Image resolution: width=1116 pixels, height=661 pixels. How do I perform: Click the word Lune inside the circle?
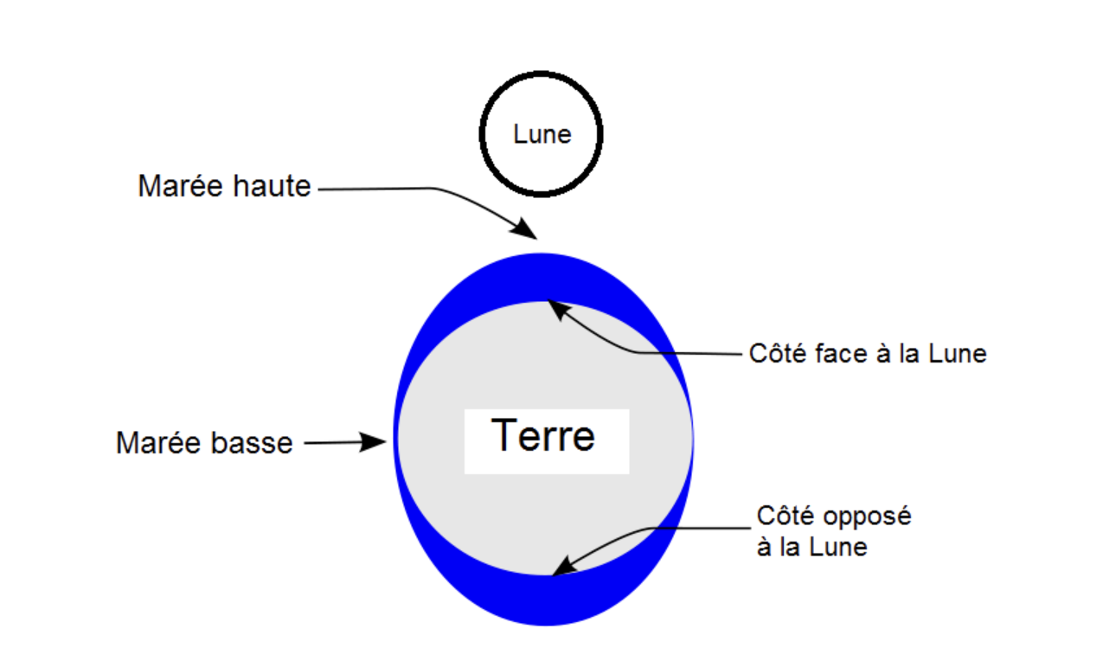542,135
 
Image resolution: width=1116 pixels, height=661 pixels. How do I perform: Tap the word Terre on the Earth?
543,436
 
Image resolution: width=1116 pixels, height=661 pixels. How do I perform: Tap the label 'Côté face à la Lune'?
868,354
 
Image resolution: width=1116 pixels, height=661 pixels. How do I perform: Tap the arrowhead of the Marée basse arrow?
375,442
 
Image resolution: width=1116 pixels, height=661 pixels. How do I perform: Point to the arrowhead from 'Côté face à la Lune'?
559,308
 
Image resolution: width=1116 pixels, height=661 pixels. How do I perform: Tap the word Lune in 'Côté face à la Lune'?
958,354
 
